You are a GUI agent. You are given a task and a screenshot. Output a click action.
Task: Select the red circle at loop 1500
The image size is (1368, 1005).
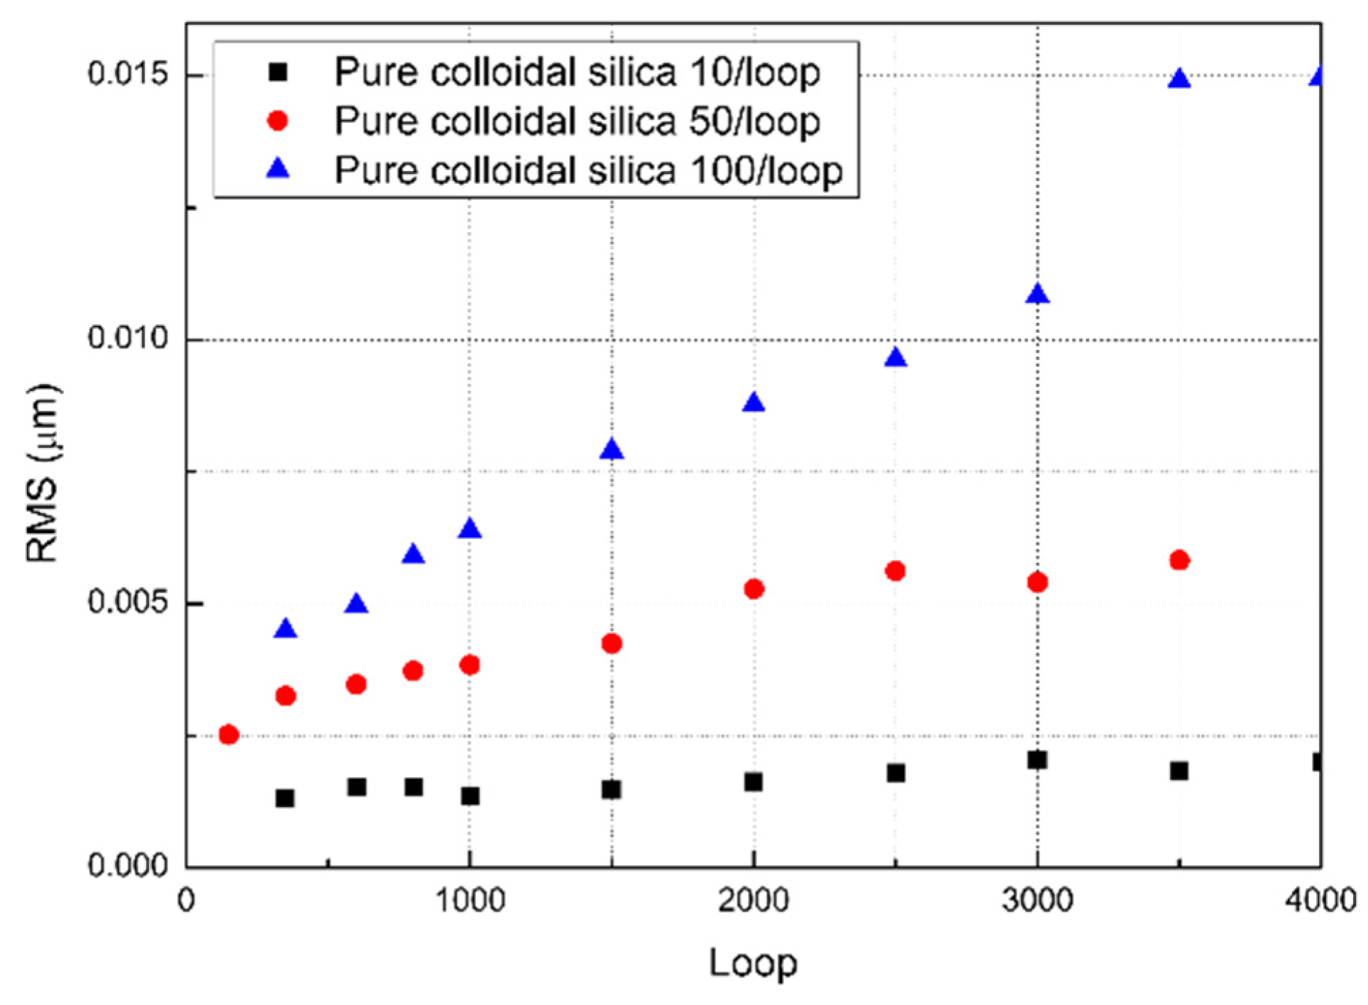click(612, 644)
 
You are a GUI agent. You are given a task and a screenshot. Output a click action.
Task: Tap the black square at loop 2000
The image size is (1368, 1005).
click(754, 782)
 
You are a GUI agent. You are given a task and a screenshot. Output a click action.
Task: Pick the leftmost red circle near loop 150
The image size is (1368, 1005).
click(228, 735)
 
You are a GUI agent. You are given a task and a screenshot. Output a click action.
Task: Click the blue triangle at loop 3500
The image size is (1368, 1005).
click(1179, 79)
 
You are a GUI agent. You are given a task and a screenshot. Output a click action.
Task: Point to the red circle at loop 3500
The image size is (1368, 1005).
click(1179, 560)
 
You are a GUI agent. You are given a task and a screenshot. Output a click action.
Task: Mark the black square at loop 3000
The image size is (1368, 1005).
click(1037, 760)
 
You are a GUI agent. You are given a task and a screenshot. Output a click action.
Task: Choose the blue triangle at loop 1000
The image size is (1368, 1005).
click(470, 529)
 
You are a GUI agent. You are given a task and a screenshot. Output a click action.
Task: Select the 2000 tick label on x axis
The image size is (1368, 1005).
click(753, 901)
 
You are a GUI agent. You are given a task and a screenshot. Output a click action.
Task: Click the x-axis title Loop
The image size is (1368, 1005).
click(753, 963)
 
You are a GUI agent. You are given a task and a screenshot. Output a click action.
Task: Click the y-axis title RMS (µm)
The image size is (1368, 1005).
click(43, 473)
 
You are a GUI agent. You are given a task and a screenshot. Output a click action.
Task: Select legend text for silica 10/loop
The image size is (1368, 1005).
click(577, 72)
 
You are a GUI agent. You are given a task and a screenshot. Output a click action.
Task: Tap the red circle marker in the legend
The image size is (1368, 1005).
click(278, 121)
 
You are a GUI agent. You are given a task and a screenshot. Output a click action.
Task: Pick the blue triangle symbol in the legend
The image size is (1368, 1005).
click(278, 169)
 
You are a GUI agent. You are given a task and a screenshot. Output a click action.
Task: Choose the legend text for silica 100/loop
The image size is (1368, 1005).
click(588, 170)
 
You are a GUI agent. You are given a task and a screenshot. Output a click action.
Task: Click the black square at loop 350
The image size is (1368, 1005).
click(285, 798)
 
